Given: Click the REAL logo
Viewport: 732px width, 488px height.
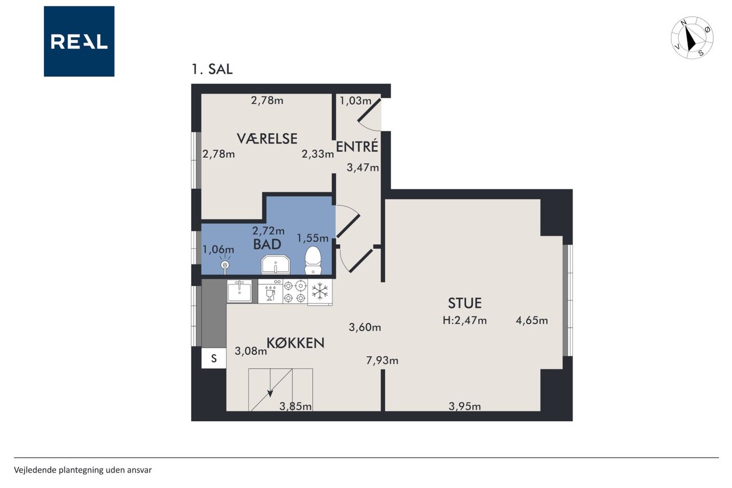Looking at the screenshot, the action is click(79, 41).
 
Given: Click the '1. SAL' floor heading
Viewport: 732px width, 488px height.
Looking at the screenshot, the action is click(212, 69).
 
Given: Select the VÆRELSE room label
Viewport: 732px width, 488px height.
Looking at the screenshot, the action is click(267, 138).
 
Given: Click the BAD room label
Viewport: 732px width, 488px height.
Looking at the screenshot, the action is click(267, 244).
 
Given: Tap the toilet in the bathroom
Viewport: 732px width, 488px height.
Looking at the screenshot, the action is click(313, 260).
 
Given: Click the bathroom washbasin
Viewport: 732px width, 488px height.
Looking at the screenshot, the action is click(276, 264).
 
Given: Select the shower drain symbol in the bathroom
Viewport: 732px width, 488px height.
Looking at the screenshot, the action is click(225, 265).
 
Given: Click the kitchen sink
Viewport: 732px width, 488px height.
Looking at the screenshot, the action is click(240, 291).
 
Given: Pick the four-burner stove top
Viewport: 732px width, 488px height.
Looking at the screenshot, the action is click(295, 292).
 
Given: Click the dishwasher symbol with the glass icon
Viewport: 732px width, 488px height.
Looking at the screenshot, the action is click(270, 291).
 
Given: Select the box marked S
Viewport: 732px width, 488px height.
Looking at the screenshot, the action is click(214, 358).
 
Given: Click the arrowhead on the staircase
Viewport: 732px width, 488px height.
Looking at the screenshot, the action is click(270, 394).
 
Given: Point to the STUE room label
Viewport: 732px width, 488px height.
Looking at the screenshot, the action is click(464, 303).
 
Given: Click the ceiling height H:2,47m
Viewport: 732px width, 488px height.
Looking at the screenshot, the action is click(464, 320).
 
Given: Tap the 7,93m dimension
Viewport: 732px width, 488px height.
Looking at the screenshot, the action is click(382, 360).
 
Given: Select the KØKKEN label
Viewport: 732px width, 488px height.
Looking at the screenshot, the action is click(296, 343).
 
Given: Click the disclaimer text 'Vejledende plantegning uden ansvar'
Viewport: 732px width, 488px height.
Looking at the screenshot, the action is click(83, 470).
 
